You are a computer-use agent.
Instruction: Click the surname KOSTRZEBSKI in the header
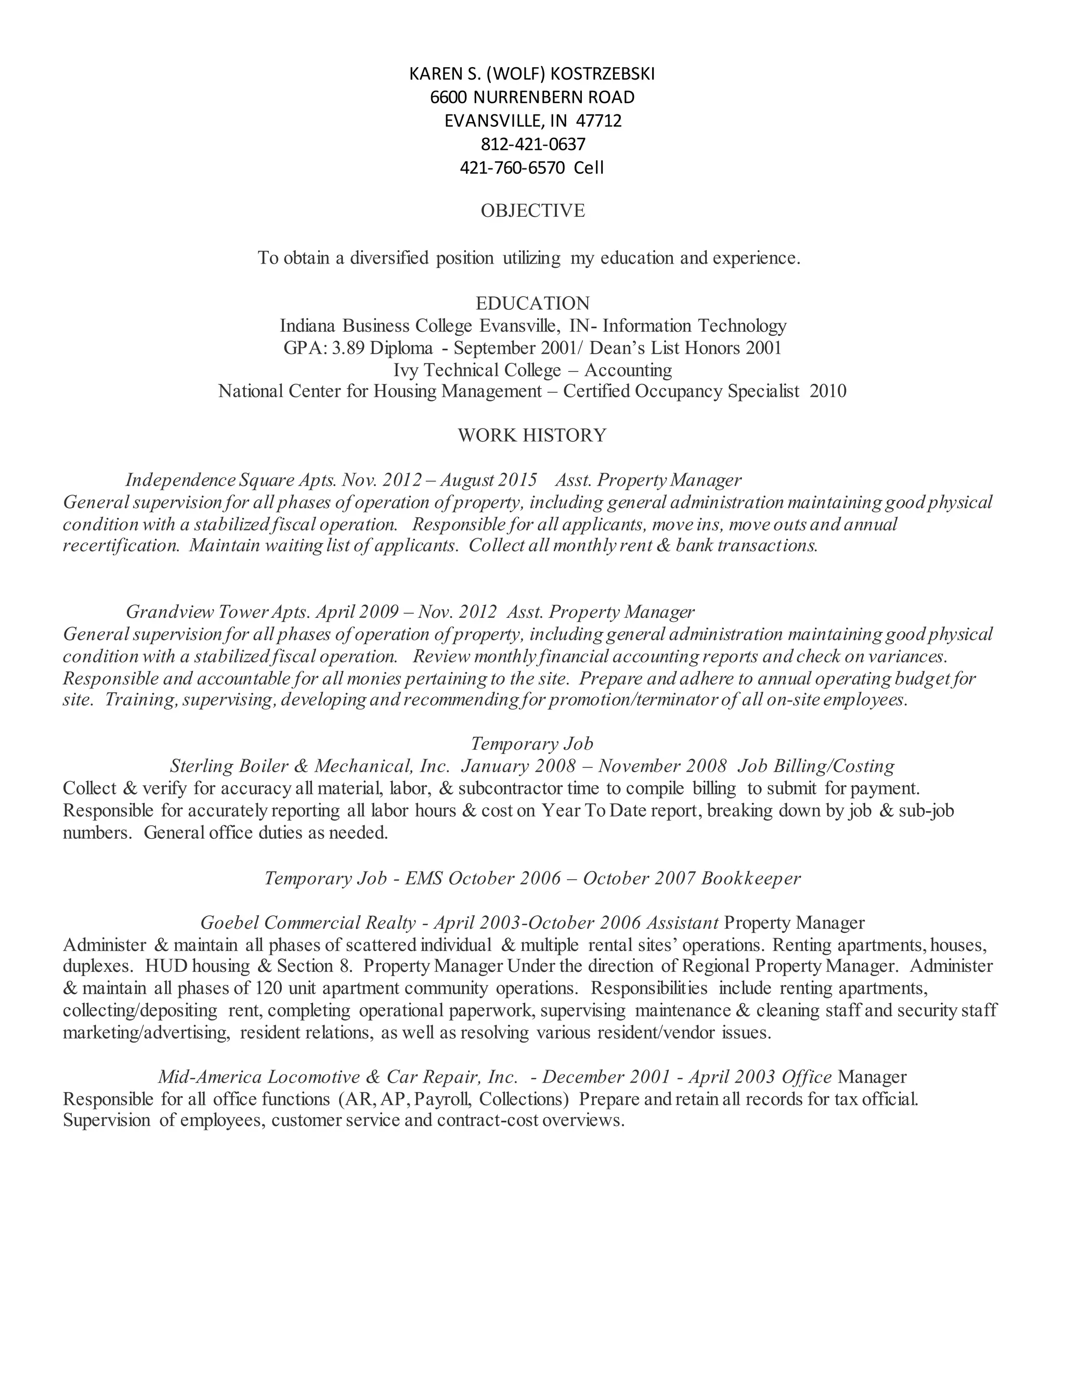tap(603, 74)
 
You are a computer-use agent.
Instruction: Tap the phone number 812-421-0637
tap(533, 145)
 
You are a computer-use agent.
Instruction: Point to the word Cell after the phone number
tap(589, 168)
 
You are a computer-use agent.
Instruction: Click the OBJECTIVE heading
tap(532, 211)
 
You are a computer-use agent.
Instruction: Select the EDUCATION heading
tap(532, 304)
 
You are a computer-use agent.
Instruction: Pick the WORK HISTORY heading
tap(532, 435)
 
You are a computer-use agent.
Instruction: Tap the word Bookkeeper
tap(751, 878)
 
